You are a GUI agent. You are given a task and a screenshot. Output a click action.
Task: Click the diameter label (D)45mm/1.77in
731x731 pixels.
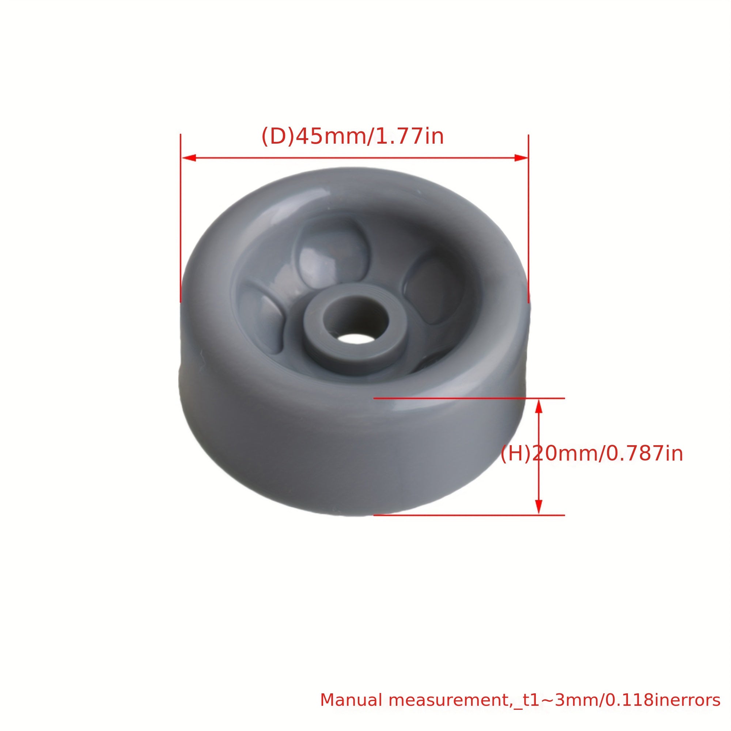(x=353, y=137)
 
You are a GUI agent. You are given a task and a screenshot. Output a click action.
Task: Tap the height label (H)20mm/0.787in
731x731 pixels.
(x=591, y=454)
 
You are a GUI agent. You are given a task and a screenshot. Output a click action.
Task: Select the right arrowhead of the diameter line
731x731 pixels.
(x=520, y=158)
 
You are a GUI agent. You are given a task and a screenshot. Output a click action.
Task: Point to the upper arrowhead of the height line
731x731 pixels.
(x=539, y=407)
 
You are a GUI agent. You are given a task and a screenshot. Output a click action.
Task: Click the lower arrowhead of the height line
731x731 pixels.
(x=539, y=507)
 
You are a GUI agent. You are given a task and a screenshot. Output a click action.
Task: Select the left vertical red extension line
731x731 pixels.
(x=181, y=227)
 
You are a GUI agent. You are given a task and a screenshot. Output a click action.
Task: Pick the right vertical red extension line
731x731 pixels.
(x=529, y=227)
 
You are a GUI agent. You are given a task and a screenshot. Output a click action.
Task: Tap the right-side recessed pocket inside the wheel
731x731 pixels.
(x=433, y=289)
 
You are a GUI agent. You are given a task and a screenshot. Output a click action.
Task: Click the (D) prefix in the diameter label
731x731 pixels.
(x=277, y=137)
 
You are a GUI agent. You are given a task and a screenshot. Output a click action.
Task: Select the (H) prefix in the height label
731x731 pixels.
(x=516, y=454)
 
